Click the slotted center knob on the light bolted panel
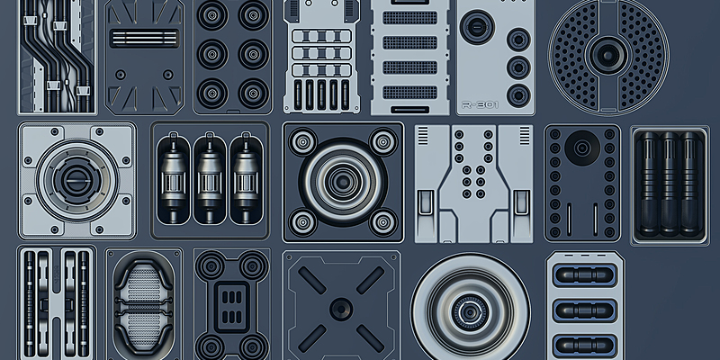coord(76,173)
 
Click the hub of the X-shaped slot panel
coord(342,306)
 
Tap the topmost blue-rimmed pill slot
coord(585,274)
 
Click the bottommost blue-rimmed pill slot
coord(585,343)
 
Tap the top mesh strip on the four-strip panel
coord(416,16)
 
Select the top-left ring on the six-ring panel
coord(212,15)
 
